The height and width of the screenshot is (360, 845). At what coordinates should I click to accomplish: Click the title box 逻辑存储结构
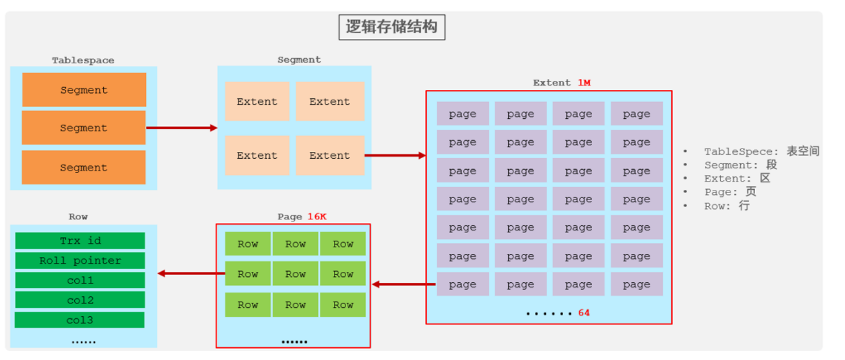pos(392,27)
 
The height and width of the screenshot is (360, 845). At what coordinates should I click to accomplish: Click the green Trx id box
pos(80,241)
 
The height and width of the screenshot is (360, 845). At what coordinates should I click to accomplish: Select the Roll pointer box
pos(80,261)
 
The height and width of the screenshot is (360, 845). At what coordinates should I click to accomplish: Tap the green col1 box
pos(80,281)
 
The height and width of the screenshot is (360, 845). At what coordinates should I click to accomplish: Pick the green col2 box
pos(80,300)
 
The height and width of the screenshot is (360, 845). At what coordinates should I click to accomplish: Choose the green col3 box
pos(80,320)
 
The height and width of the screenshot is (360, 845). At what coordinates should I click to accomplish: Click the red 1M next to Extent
pos(584,83)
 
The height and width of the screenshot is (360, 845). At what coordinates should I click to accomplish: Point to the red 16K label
pos(317,216)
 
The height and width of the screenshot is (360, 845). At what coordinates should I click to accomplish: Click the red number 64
pos(584,313)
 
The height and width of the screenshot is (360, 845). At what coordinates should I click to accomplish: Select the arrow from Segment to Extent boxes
pos(181,128)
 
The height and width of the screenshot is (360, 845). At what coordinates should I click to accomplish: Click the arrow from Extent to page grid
pos(395,155)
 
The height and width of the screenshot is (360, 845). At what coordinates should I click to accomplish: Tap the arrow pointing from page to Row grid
pos(403,285)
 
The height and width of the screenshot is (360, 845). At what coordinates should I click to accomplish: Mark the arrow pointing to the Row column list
pos(191,273)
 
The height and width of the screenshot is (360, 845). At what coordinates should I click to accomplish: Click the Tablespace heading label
pos(83,60)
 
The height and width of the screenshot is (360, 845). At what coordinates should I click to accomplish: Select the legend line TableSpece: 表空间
pos(761,151)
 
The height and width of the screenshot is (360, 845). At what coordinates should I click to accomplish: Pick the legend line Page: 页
pos(730,192)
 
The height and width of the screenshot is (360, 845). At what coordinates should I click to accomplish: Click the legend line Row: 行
pos(727,206)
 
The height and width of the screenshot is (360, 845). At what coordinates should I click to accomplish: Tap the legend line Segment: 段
pos(741,165)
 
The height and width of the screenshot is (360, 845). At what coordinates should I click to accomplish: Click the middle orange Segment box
pos(84,128)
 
